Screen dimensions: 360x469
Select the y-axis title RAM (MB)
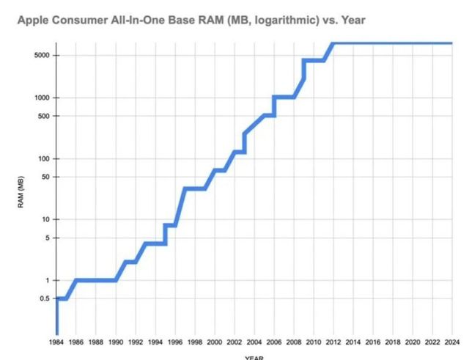pyautogui.click(x=22, y=196)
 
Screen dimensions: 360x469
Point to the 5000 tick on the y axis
pyautogui.click(x=40, y=55)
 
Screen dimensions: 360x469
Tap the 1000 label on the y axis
pyautogui.click(x=40, y=98)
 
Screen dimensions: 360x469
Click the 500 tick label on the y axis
pyautogui.click(x=43, y=116)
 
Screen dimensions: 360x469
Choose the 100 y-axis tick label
pyautogui.click(x=43, y=158)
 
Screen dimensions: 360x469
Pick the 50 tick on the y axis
pyautogui.click(x=44, y=177)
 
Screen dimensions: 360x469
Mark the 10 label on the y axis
pyautogui.click(x=45, y=219)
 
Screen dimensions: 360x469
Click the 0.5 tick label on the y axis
pyautogui.click(x=44, y=298)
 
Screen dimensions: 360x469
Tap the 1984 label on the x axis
pyautogui.click(x=56, y=342)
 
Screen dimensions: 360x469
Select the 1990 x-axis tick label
pyautogui.click(x=116, y=342)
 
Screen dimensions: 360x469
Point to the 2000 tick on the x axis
pyautogui.click(x=215, y=342)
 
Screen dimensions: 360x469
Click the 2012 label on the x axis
pyautogui.click(x=333, y=342)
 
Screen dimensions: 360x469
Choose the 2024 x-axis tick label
pyautogui.click(x=452, y=342)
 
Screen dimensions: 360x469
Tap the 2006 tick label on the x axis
pyautogui.click(x=274, y=342)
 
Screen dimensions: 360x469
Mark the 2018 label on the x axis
pyautogui.click(x=393, y=342)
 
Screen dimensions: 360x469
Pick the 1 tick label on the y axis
pyautogui.click(x=47, y=280)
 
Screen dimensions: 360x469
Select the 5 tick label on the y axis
pyautogui.click(x=47, y=238)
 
